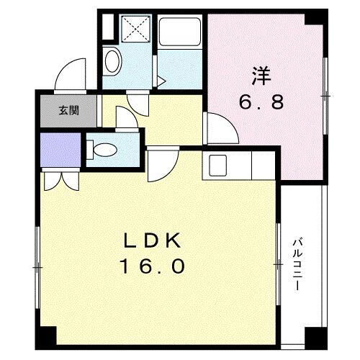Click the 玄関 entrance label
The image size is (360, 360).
point(69,111)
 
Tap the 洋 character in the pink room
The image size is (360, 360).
point(261,74)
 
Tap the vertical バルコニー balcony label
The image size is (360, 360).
point(297,264)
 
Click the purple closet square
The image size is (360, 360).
point(58,151)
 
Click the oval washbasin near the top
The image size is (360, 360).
point(112,62)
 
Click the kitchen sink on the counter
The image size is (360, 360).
point(216,165)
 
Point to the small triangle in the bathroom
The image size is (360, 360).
point(161,81)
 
